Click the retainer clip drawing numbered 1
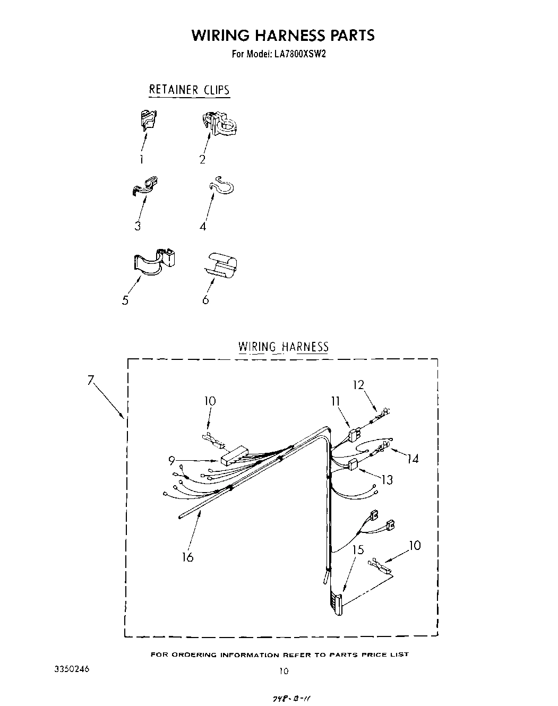149,120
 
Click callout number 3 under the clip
138,226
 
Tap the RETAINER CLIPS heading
189,89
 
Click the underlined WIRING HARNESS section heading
284,347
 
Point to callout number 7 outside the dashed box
91,380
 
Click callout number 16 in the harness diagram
187,557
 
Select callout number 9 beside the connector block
171,461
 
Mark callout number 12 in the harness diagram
359,385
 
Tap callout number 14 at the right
413,458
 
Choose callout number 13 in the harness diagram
387,480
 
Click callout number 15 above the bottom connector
358,549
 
